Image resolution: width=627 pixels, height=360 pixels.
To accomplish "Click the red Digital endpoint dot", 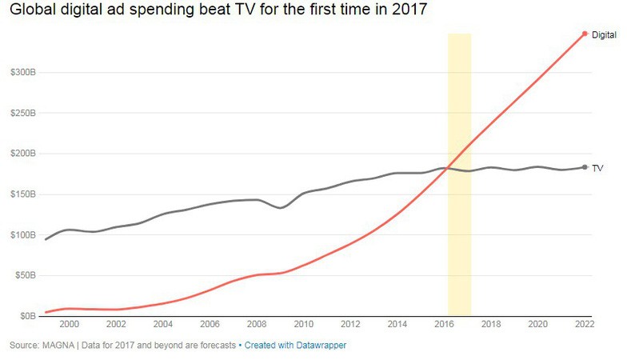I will coord(585,34).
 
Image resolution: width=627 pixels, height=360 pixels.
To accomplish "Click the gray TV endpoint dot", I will coord(585,167).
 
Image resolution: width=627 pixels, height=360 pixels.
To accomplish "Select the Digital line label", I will coord(604,34).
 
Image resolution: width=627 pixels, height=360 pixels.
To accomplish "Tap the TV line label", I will coord(597,168).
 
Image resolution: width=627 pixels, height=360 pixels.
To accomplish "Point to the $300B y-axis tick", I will coord(21,72).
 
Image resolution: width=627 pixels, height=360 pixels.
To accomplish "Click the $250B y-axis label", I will coord(21,113).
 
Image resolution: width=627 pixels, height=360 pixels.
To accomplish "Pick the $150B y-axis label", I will coord(21,194).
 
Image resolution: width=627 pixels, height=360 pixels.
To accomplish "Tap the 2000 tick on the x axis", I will coord(70,325).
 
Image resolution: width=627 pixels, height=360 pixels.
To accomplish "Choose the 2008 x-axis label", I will coord(257,325).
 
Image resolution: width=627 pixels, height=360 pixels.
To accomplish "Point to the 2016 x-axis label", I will coord(444,325).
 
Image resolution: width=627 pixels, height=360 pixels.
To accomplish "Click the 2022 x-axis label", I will coord(584,325).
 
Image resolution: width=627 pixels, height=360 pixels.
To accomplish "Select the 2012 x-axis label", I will coord(350,325).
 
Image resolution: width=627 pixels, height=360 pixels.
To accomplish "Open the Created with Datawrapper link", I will coord(295,345).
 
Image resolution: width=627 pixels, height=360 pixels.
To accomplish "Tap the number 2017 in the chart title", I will coord(406,10).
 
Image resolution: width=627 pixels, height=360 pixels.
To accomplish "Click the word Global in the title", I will coord(30,10).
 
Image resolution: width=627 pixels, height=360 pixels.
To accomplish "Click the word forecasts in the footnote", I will coord(218,345).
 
